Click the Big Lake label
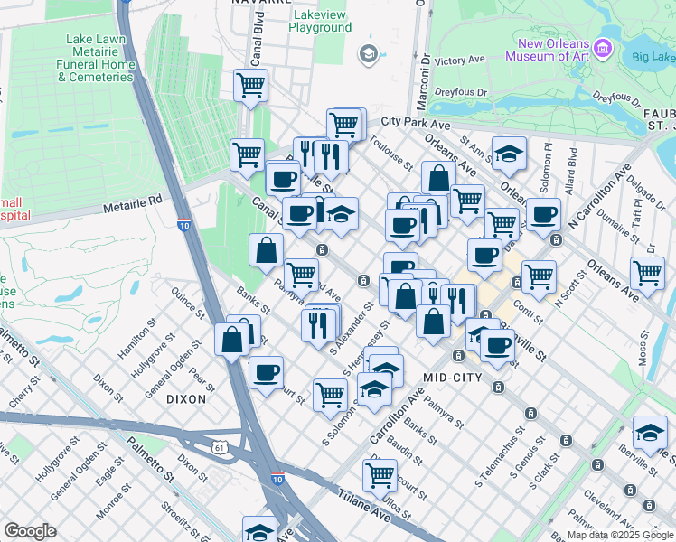pyautogui.click(x=653, y=59)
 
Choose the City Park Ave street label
pyautogui.click(x=416, y=121)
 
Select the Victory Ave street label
pyautogui.click(x=460, y=61)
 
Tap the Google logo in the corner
pyautogui.click(x=30, y=531)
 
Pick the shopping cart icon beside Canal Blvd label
pyautogui.click(x=250, y=87)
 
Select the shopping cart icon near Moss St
pyautogui.click(x=648, y=272)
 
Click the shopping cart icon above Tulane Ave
pyautogui.click(x=381, y=474)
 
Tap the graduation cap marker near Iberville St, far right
pyautogui.click(x=650, y=433)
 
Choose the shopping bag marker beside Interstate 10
pyautogui.click(x=232, y=340)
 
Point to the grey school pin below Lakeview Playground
pyautogui.click(x=367, y=55)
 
